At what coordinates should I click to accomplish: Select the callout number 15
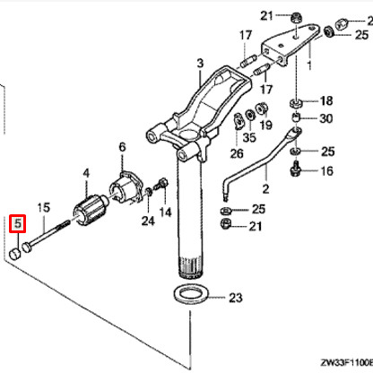tap(42, 208)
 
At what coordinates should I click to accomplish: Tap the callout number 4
tap(86, 172)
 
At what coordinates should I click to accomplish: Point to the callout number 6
tap(122, 146)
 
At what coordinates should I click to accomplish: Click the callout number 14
tap(164, 212)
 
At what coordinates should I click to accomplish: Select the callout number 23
tap(235, 297)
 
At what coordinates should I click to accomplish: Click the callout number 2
tap(265, 189)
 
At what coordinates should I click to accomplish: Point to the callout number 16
tap(325, 170)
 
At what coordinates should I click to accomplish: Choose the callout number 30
tap(325, 119)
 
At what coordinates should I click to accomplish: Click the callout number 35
tap(248, 137)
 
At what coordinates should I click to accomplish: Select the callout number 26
tap(237, 152)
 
